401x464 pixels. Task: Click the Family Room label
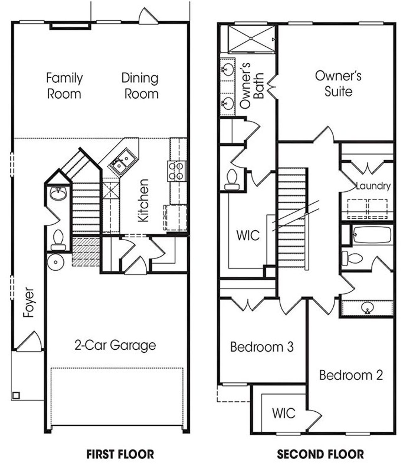pyautogui.click(x=64, y=86)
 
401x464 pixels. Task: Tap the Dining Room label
pyautogui.click(x=140, y=86)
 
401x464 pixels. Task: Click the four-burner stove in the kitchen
pyautogui.click(x=176, y=171)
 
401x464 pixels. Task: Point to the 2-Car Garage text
pyautogui.click(x=115, y=345)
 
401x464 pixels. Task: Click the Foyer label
pyautogui.click(x=29, y=302)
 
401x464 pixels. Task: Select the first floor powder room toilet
pyautogui.click(x=58, y=240)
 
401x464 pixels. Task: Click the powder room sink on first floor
pyautogui.click(x=58, y=194)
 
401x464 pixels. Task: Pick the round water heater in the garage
pyautogui.click(x=56, y=262)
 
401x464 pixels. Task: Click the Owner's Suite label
pyautogui.click(x=338, y=84)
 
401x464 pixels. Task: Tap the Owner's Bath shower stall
pyautogui.click(x=251, y=38)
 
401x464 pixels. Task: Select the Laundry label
pyautogui.click(x=373, y=186)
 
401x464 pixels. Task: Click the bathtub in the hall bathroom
pyautogui.click(x=372, y=234)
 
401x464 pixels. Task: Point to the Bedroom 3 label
pyautogui.click(x=262, y=347)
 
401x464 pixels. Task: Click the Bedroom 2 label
pyautogui.click(x=351, y=375)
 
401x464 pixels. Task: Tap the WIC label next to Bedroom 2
pyautogui.click(x=284, y=413)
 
